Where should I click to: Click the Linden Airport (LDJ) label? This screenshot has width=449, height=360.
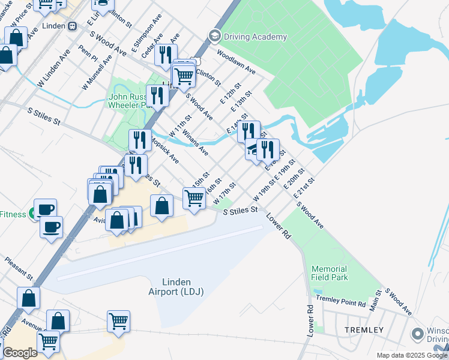[x=176, y=287]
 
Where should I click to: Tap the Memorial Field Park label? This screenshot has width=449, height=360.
[x=329, y=273]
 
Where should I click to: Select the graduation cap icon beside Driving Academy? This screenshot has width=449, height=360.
[x=214, y=37]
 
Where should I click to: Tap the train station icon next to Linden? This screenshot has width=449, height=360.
[x=72, y=26]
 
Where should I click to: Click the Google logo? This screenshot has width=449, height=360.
[x=20, y=353]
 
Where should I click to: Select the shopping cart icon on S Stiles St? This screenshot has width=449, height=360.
[x=194, y=197]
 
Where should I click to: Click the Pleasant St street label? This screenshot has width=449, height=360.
[x=17, y=269]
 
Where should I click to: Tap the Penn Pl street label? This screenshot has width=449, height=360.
[x=88, y=52]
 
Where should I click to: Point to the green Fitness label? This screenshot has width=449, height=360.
[x=13, y=214]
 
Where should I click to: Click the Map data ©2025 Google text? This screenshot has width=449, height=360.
[x=411, y=355]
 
